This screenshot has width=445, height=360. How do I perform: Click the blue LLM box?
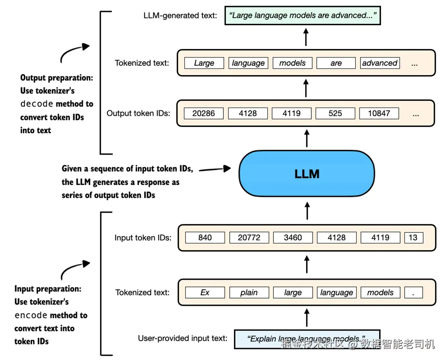pos(307,174)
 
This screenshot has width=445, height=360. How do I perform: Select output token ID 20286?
pos(204,113)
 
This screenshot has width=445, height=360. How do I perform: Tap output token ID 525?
pos(335,113)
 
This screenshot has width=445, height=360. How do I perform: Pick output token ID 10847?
pos(379,113)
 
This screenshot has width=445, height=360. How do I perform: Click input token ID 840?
pos(205,237)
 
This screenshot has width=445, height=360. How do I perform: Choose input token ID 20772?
pos(249,237)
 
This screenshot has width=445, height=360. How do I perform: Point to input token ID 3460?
pos(293,237)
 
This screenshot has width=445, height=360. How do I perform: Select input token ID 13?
pos(413,237)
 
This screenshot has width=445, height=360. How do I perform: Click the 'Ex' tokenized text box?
pos(205,293)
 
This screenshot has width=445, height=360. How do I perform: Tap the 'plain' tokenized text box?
pos(249,293)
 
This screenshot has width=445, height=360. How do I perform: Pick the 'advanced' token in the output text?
pos(380,63)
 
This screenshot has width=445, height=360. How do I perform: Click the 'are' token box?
pos(336,63)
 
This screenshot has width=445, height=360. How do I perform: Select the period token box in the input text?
pos(413,293)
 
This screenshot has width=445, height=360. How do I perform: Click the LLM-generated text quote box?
pos(302,16)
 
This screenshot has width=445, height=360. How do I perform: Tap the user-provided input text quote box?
pos(307,339)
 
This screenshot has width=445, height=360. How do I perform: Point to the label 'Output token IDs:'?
pos(138,113)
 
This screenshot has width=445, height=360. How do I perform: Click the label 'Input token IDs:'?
pos(143,237)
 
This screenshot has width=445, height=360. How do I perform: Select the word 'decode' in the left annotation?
pos(37,104)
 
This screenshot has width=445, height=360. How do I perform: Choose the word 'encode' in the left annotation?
pos(31,316)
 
